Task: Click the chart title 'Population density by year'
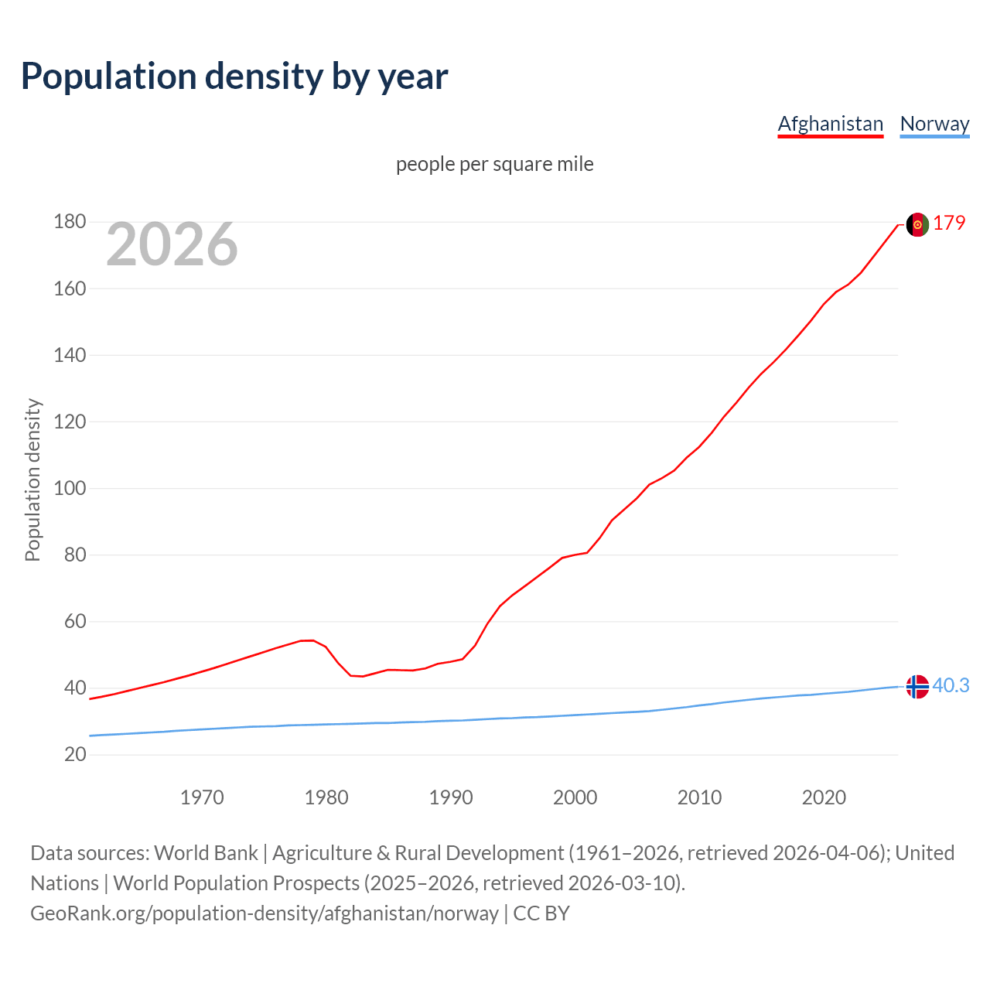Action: (234, 77)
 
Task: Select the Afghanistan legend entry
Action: (830, 124)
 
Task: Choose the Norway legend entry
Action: (934, 124)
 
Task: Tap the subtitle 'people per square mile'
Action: (494, 164)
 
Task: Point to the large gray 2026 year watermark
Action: (172, 244)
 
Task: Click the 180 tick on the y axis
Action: (70, 222)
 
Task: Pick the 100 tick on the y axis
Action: (70, 488)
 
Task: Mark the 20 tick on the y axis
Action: (75, 754)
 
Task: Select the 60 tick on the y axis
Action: (75, 621)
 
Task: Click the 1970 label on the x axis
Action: (202, 797)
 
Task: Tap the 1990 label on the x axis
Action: (451, 797)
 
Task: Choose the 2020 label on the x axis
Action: (824, 797)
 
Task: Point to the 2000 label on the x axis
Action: (575, 797)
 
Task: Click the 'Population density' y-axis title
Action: (32, 480)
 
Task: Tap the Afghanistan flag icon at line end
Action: (917, 224)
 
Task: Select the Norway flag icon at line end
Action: (917, 686)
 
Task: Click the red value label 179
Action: (949, 223)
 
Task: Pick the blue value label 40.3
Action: (951, 686)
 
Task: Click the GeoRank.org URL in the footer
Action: (265, 913)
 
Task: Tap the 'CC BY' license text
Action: (541, 913)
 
